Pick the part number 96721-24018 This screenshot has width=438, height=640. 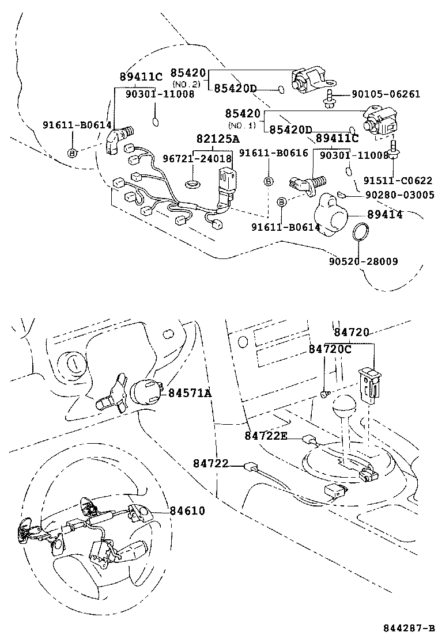pyautogui.click(x=196, y=158)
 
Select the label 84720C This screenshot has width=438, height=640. pyautogui.click(x=329, y=349)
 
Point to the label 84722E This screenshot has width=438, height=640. pyautogui.click(x=265, y=436)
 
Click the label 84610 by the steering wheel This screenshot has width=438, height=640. pyautogui.click(x=187, y=511)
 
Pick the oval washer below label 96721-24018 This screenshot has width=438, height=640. pyautogui.click(x=191, y=184)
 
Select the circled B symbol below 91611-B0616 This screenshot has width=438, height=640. pyautogui.click(x=269, y=181)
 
